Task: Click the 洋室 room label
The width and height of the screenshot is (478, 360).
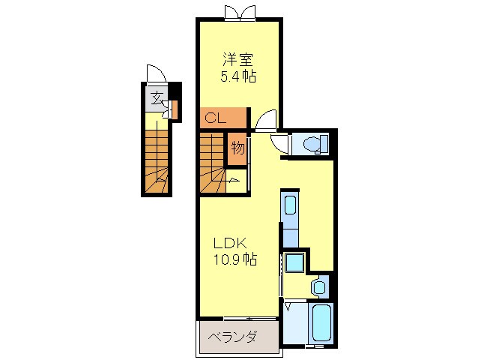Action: pyautogui.click(x=238, y=57)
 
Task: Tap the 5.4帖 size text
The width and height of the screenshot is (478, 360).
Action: pyautogui.click(x=238, y=76)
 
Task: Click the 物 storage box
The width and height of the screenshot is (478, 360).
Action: pyautogui.click(x=238, y=147)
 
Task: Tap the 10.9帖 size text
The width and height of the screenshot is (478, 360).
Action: pyautogui.click(x=234, y=260)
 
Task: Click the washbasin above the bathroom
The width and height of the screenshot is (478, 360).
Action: pyautogui.click(x=319, y=285)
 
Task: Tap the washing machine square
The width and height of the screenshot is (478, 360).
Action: pyautogui.click(x=293, y=264)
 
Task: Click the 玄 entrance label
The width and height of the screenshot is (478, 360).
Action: pyautogui.click(x=157, y=97)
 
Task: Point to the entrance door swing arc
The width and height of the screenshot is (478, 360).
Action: pyautogui.click(x=155, y=74)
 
